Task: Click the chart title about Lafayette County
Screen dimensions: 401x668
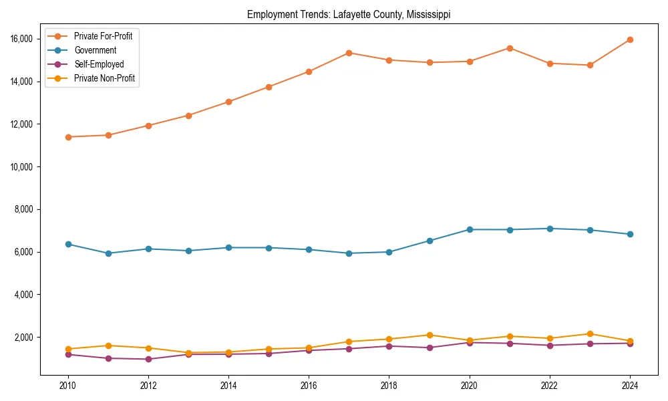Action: [x=349, y=14]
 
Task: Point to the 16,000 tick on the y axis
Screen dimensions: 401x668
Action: [x=22, y=39]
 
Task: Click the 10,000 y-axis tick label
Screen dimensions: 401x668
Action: [x=22, y=166]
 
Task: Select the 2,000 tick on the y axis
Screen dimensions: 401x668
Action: [x=24, y=337]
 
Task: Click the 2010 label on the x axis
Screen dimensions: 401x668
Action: [x=67, y=386]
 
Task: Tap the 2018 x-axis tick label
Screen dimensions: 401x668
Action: [x=389, y=386]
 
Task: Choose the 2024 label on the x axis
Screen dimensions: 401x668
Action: [x=631, y=386]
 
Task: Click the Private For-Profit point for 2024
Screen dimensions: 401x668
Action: [x=631, y=40]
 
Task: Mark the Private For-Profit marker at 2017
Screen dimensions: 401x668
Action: [x=349, y=53]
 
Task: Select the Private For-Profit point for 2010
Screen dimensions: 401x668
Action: [x=67, y=137]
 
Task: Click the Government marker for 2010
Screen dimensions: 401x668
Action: [x=67, y=244]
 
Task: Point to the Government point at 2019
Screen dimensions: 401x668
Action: [x=430, y=241]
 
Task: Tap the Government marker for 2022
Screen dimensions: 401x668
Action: [x=550, y=229]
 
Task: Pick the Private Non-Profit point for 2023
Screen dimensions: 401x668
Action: [x=591, y=333]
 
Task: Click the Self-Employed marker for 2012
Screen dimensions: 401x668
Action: [x=148, y=359]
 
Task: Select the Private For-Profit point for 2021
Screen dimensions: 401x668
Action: [x=510, y=48]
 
